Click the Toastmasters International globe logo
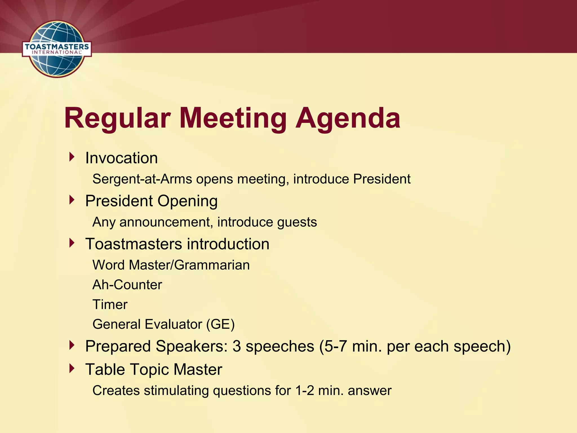[x=57, y=49]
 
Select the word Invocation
[x=121, y=158]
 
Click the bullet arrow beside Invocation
[x=72, y=157]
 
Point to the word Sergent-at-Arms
[x=142, y=179]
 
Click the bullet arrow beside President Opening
[x=72, y=200]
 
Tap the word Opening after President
[x=187, y=201]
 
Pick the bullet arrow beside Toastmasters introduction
[x=72, y=243]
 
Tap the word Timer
[x=110, y=304]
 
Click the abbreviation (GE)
[x=220, y=324]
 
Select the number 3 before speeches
[x=237, y=346]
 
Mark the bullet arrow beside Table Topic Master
[x=72, y=368]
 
